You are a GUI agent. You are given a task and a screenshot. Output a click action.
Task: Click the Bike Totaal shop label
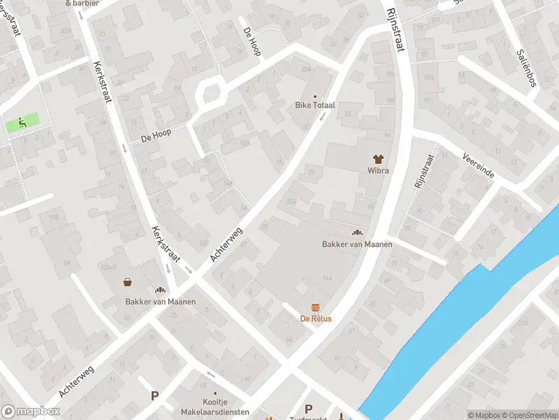pyautogui.click(x=314, y=105)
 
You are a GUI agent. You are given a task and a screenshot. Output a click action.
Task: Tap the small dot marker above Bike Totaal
pyautogui.click(x=314, y=96)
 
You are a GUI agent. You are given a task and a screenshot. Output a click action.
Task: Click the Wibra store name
pyautogui.click(x=378, y=170)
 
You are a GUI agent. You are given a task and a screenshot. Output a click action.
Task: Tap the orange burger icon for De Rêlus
pyautogui.click(x=316, y=307)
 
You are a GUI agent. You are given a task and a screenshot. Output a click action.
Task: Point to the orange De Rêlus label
pyautogui.click(x=316, y=318)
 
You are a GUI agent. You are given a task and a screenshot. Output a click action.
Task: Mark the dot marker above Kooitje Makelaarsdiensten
pyautogui.click(x=215, y=393)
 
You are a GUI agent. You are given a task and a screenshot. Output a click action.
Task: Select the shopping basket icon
pyautogui.click(x=129, y=282)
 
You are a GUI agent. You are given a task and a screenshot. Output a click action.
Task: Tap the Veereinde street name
pyautogui.click(x=478, y=166)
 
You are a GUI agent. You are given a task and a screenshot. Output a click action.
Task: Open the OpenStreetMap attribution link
pyautogui.click(x=529, y=415)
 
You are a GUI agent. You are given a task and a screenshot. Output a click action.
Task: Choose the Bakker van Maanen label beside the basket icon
pyautogui.click(x=160, y=302)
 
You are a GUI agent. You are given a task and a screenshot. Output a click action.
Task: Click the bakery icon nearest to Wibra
pyautogui.click(x=357, y=233)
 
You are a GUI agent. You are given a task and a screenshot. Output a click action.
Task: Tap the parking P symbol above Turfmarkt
pyautogui.click(x=308, y=409)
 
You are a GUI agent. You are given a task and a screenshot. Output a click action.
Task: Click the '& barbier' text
pyautogui.click(x=82, y=3)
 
